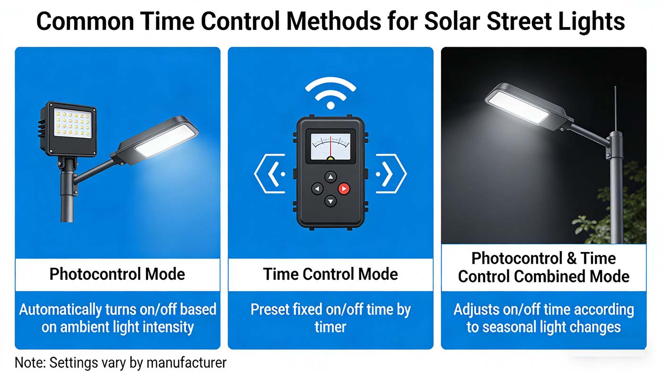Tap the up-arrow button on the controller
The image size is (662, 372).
tap(331, 177)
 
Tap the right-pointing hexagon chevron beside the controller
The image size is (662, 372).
tap(390, 174)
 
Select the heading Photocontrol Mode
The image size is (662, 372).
tap(117, 274)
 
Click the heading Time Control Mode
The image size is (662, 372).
tap(330, 274)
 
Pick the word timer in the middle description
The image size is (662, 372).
tap(330, 326)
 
